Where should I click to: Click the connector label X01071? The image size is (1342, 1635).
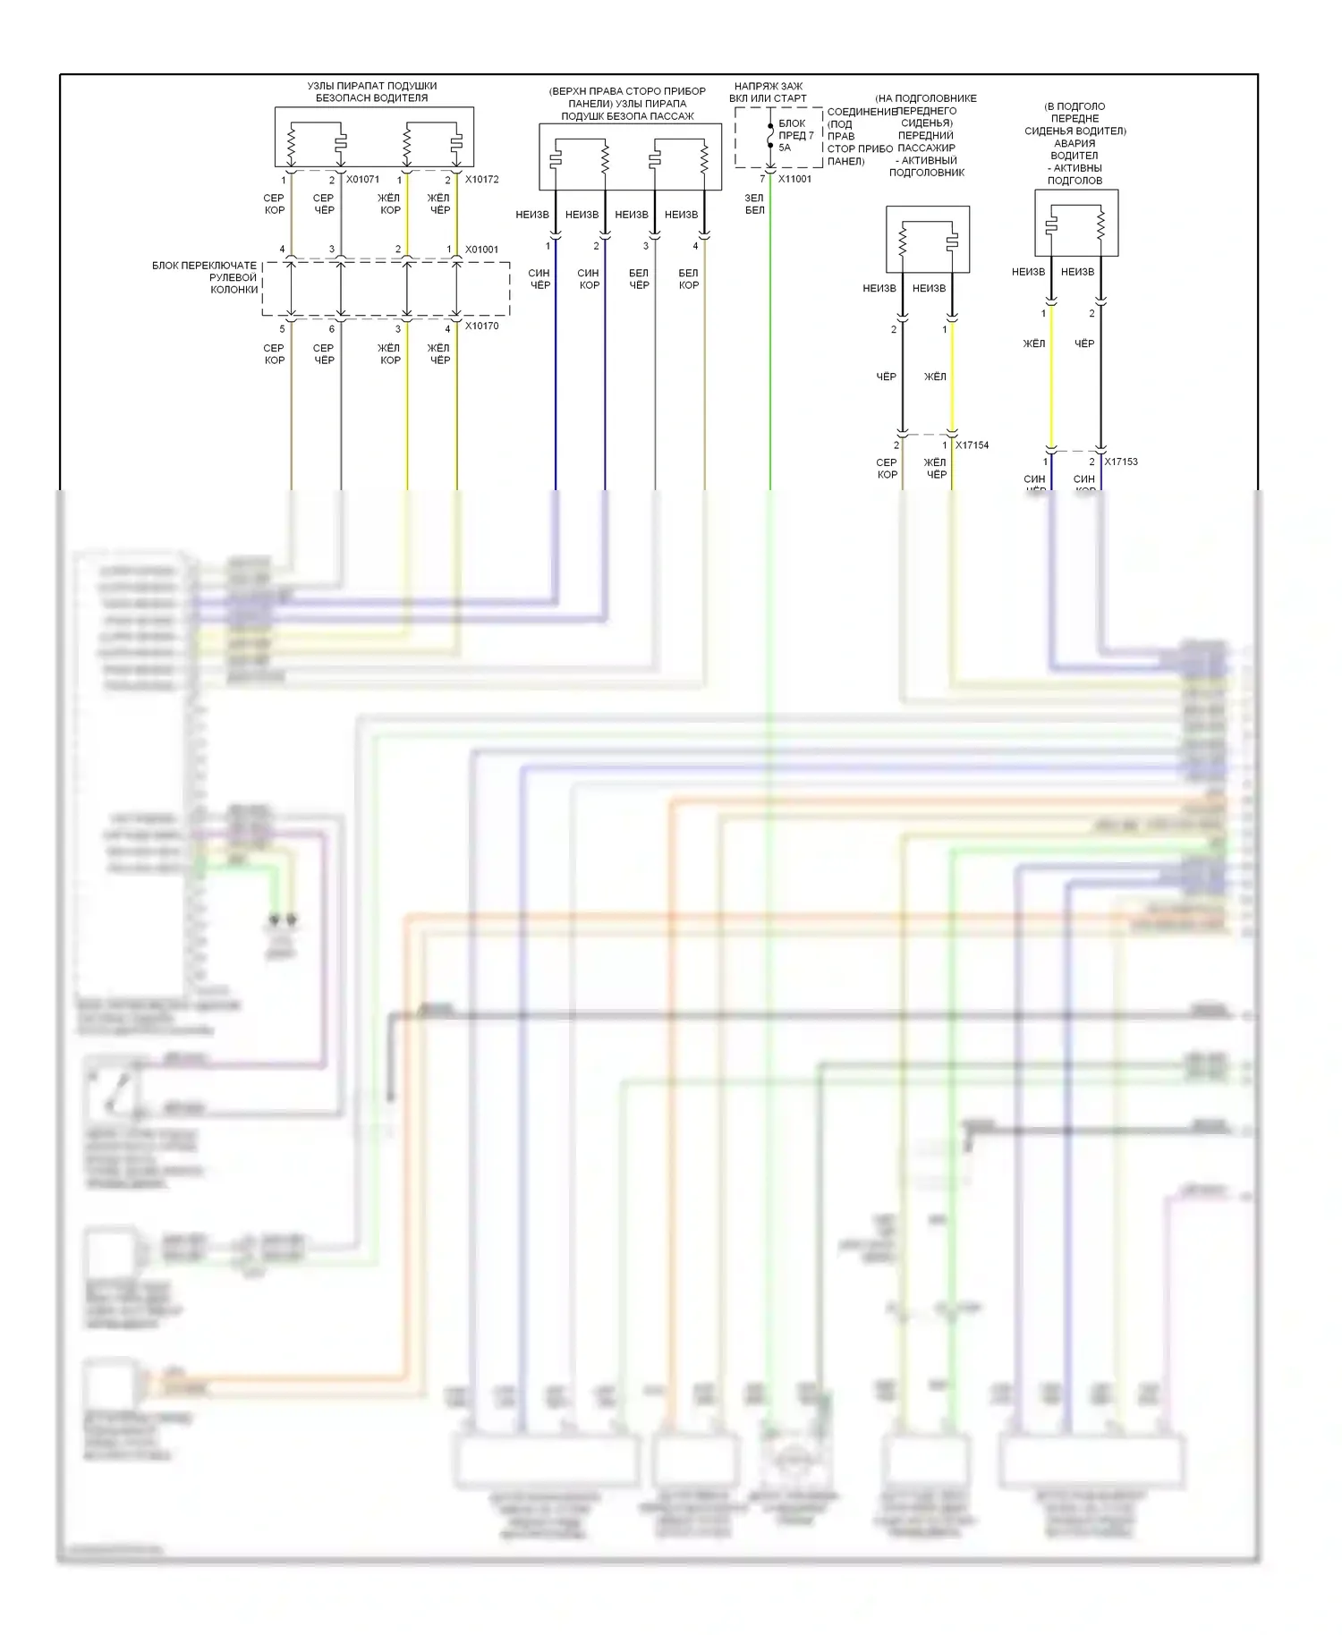click(x=362, y=180)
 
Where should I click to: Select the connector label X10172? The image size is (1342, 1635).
click(x=481, y=180)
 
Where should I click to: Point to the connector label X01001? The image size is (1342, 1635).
click(x=481, y=250)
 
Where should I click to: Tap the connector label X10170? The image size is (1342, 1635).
click(x=481, y=326)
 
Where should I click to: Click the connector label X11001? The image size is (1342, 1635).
click(x=794, y=179)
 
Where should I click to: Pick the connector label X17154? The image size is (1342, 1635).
click(x=972, y=445)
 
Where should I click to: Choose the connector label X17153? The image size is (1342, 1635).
click(x=1120, y=462)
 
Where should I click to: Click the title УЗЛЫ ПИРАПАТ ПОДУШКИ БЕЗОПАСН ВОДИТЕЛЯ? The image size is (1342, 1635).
click(x=372, y=92)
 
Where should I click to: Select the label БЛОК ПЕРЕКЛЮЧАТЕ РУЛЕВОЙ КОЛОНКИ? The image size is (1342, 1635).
click(x=206, y=277)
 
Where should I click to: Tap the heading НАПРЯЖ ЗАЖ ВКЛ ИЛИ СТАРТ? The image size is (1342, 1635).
click(x=768, y=92)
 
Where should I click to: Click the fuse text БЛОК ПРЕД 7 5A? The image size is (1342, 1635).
click(x=795, y=135)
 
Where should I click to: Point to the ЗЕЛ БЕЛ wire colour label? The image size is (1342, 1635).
click(x=754, y=204)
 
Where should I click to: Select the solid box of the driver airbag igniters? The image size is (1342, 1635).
click(x=374, y=138)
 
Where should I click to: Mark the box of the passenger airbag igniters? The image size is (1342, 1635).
click(x=630, y=157)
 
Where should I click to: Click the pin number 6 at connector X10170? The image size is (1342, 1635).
click(x=332, y=329)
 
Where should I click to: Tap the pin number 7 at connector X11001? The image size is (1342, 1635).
click(x=762, y=179)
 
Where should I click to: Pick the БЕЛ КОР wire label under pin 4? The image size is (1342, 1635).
click(x=688, y=279)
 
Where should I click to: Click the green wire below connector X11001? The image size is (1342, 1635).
click(x=770, y=358)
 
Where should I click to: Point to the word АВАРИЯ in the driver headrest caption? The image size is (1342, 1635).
click(x=1074, y=143)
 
